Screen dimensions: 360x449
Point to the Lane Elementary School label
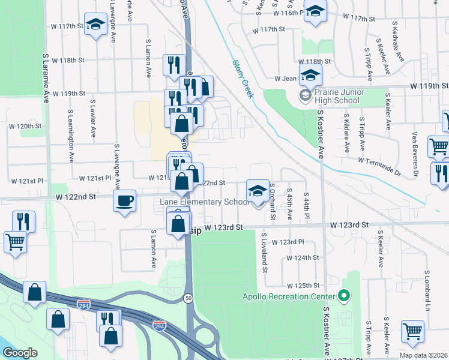tap(204, 202)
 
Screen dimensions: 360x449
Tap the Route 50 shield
tap(189, 298)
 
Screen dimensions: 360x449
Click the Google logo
tap(20, 353)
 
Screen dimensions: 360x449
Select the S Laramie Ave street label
tap(46, 82)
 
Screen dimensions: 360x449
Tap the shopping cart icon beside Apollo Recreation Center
tap(412, 331)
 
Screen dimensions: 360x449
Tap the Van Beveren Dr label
tap(414, 148)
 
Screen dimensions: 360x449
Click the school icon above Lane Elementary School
tap(257, 191)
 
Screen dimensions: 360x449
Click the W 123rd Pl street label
tap(288, 242)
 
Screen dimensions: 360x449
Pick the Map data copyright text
tap(423, 355)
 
